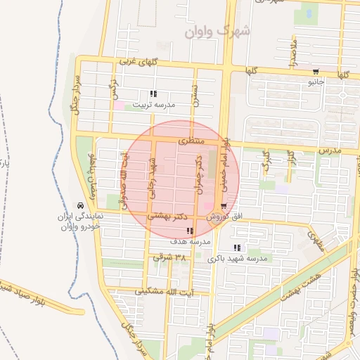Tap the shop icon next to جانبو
pos(316,70)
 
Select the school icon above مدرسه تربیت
pos(154,94)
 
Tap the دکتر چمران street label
pos(200,172)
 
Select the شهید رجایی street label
pos(150,175)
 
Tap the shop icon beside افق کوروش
pos(224,207)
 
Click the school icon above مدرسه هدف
pos(189,231)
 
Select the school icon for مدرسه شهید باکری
pos(236,247)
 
